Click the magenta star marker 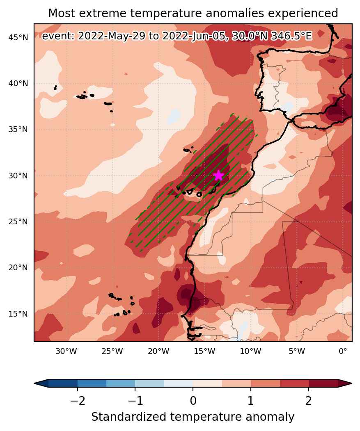click(218, 176)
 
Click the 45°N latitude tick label click(18, 38)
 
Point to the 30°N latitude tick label click(18, 176)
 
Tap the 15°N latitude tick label click(18, 314)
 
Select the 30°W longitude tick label click(66, 351)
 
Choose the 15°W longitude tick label click(204, 351)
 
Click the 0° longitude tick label click(343, 351)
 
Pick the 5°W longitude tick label click(297, 351)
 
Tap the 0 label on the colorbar click(193, 401)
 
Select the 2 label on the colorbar click(309, 401)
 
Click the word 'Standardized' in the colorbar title click(129, 417)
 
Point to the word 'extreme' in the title click(106, 13)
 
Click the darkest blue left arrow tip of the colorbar click(34, 383)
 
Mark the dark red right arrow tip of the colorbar click(351, 383)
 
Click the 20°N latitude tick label click(18, 268)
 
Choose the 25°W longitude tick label click(112, 351)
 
